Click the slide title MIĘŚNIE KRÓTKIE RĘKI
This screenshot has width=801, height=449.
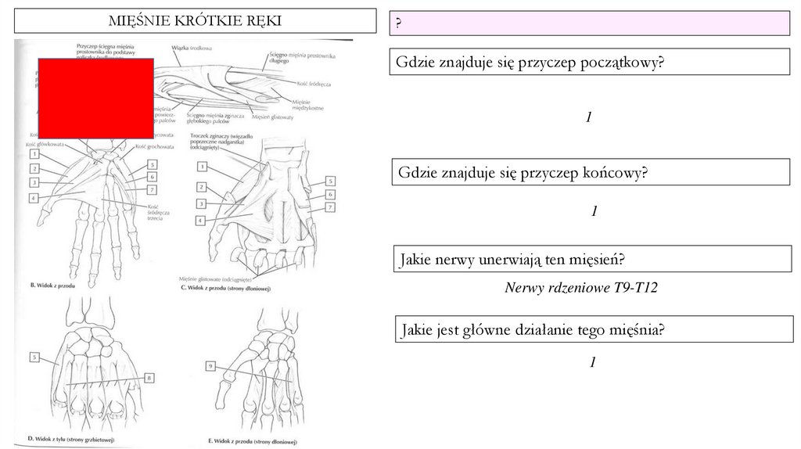click(x=194, y=20)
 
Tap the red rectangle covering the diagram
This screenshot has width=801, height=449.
click(x=95, y=98)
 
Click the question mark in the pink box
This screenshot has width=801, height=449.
click(x=398, y=24)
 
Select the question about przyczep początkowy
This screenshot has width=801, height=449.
click(x=530, y=62)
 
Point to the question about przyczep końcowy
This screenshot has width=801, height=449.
click(x=523, y=172)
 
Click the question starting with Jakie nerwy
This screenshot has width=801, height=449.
click(x=515, y=259)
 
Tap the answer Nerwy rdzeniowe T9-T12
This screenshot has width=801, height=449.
click(x=581, y=288)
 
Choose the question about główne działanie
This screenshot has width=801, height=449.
click(x=533, y=329)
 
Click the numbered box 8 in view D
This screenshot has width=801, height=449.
click(x=149, y=379)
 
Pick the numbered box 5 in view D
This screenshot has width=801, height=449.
click(x=35, y=357)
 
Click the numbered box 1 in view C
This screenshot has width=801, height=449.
click(x=202, y=167)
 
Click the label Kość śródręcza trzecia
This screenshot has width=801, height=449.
click(x=159, y=213)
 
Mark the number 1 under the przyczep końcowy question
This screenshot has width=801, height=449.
click(x=594, y=211)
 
